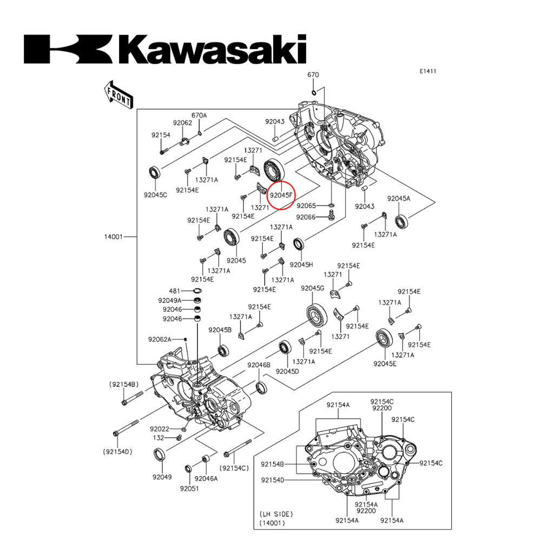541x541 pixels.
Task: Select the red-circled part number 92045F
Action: point(281,195)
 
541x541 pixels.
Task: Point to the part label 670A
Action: point(199,115)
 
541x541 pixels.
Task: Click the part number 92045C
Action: point(155,194)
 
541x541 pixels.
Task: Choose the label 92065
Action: point(306,206)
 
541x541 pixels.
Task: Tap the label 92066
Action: point(306,217)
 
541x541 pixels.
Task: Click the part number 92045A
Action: point(398,199)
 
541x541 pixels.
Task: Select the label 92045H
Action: point(301,265)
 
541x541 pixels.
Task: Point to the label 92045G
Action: point(312,288)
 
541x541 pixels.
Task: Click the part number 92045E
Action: point(385,364)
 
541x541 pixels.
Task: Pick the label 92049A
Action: point(169,300)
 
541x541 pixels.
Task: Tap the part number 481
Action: point(174,291)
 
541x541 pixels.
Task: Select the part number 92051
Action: point(190,488)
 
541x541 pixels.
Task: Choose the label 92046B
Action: point(259,365)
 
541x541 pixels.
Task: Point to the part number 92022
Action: point(161,428)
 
